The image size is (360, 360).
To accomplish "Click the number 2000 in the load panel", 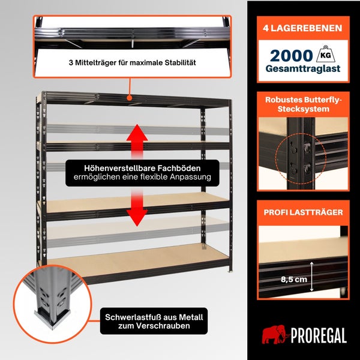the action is pyautogui.click(x=292, y=56).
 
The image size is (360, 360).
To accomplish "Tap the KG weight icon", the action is pyautogui.click(x=326, y=54).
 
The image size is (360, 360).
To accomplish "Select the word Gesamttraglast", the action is pyautogui.click(x=303, y=68).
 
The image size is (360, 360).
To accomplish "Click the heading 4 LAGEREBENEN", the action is pyautogui.click(x=303, y=28).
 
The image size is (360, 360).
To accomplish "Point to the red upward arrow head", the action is pyautogui.click(x=137, y=133).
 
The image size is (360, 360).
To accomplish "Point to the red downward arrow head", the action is pyautogui.click(x=137, y=218).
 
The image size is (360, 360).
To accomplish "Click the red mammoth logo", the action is pyautogui.click(x=275, y=334).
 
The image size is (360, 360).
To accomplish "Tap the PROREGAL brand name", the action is pyautogui.click(x=319, y=335).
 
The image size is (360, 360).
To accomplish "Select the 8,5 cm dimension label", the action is pyautogui.click(x=294, y=280).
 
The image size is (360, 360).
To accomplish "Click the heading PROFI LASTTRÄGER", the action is pyautogui.click(x=303, y=212).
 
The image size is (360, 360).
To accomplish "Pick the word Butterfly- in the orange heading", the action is pyautogui.click(x=323, y=100).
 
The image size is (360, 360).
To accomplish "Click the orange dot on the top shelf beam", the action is pyautogui.click(x=130, y=98).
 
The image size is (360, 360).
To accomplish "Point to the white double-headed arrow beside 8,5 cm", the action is pyautogui.click(x=311, y=277).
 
